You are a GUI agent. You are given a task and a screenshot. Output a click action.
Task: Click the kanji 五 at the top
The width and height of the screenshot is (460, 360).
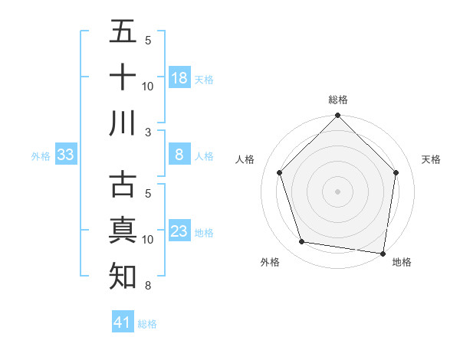click(x=123, y=31)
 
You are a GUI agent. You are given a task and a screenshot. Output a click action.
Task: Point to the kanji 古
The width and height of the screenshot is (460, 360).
click(x=123, y=185)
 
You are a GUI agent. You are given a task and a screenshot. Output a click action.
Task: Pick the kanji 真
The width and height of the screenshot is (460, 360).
click(x=123, y=231)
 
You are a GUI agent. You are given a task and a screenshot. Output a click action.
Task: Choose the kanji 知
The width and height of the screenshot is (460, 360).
click(x=123, y=277)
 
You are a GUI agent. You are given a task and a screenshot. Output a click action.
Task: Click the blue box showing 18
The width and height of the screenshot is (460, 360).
click(x=179, y=78)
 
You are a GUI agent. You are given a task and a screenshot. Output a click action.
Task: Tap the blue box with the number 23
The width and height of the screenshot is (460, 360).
click(x=179, y=231)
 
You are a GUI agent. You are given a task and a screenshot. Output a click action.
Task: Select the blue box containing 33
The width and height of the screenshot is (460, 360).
click(x=66, y=155)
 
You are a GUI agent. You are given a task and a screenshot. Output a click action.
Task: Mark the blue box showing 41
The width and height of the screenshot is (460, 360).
click(x=123, y=322)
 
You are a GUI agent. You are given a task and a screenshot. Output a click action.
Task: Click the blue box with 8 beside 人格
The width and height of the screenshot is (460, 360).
click(x=179, y=155)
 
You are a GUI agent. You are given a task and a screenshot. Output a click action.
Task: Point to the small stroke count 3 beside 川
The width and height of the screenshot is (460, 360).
click(x=149, y=132)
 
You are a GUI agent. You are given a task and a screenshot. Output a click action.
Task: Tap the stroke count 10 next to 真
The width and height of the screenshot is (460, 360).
click(x=149, y=240)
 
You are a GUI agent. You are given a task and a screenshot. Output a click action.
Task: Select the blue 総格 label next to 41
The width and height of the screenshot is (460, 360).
click(x=147, y=324)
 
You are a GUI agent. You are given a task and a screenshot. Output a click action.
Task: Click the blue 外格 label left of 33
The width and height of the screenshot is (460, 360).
click(x=41, y=156)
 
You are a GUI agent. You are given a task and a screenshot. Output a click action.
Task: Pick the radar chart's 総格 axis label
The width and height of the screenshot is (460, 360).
click(x=338, y=100)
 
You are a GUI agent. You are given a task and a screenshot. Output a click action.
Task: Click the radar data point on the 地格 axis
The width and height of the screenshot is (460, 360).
click(x=383, y=253)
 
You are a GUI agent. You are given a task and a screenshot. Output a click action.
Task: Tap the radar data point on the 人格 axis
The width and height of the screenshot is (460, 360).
click(x=280, y=172)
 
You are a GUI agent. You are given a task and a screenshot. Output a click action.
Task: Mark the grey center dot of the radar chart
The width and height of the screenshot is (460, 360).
click(x=338, y=191)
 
